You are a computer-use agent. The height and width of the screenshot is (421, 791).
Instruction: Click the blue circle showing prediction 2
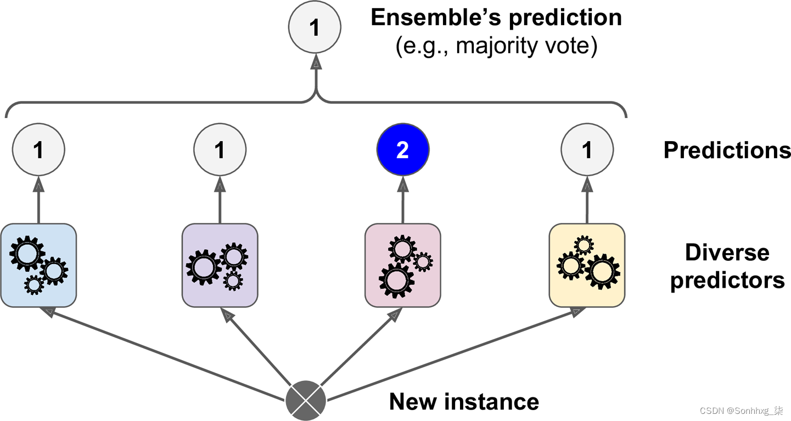click(403, 149)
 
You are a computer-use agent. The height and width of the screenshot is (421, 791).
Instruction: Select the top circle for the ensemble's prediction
click(315, 27)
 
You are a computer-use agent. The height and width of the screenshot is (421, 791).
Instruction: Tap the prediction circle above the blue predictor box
click(38, 149)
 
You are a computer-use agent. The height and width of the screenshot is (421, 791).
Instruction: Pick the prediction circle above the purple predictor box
click(220, 149)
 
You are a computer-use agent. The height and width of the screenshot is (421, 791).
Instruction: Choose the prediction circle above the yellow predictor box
click(587, 149)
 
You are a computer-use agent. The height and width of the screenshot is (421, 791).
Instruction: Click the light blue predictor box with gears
click(38, 265)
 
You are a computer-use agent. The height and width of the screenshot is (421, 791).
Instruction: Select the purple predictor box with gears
click(220, 265)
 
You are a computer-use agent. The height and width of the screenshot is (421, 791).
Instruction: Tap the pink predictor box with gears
click(402, 265)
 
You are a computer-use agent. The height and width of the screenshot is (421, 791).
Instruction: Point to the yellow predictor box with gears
click(587, 265)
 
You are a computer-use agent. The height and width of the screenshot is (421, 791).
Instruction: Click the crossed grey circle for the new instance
click(305, 401)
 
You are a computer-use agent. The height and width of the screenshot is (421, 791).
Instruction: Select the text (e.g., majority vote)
click(496, 46)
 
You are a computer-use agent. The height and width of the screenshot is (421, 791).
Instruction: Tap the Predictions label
click(727, 150)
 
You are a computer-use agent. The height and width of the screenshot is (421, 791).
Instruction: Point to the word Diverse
click(727, 253)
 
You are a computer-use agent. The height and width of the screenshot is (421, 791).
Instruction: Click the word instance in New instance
click(491, 402)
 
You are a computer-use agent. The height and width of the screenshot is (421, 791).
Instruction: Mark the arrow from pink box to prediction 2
click(403, 200)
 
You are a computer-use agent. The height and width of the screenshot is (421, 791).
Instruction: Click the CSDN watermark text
click(741, 411)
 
